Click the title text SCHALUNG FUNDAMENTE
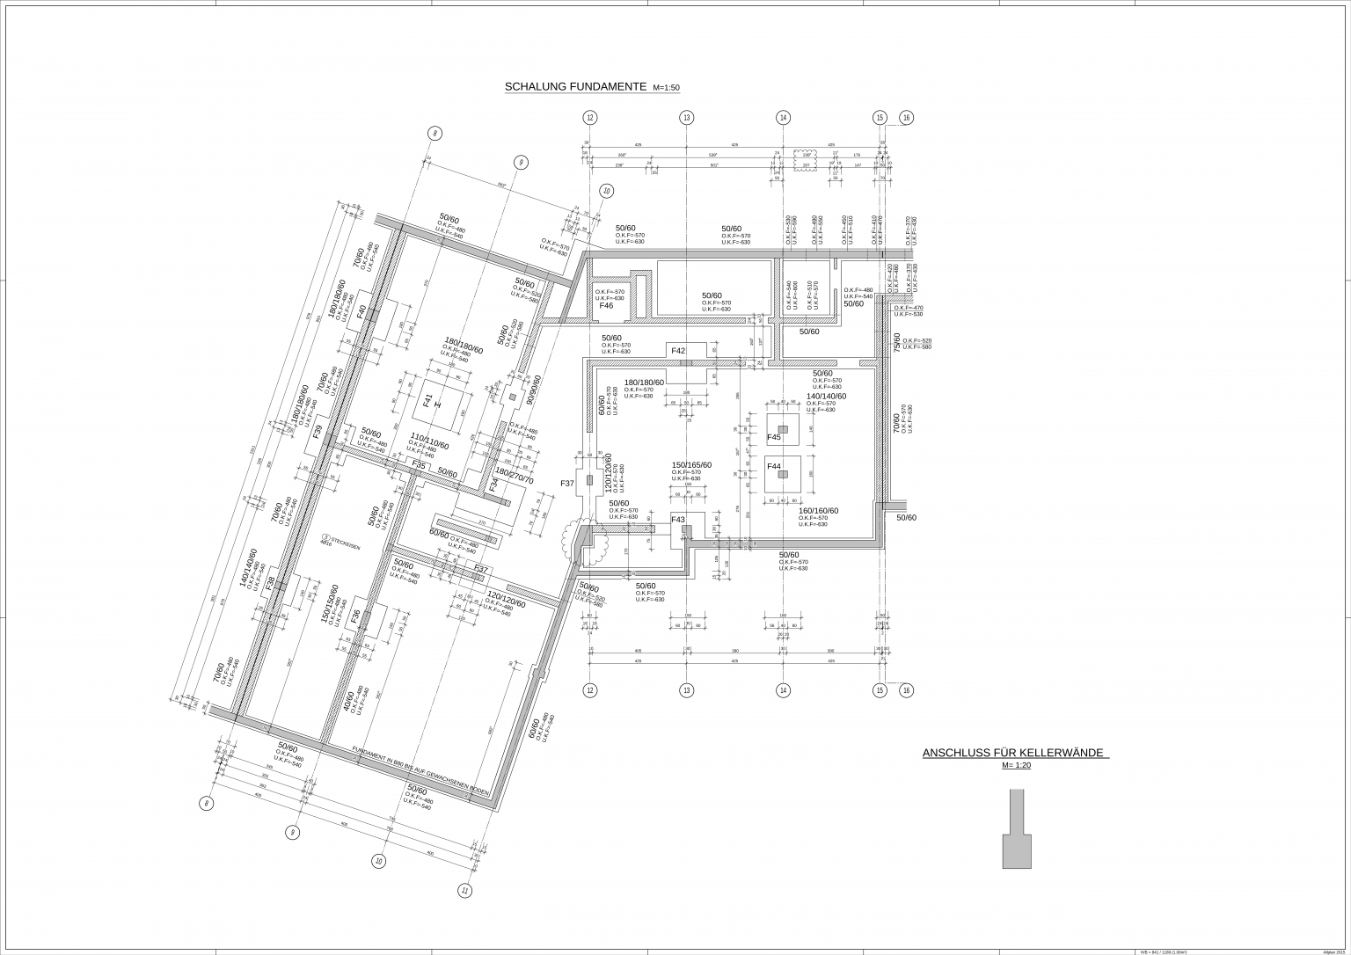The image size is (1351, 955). (x=575, y=87)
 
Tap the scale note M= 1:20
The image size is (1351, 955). (x=1016, y=765)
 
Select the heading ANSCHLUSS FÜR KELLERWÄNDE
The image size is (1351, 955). (x=1014, y=754)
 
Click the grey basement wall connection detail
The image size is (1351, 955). (x=1017, y=831)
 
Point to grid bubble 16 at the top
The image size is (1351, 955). (x=907, y=118)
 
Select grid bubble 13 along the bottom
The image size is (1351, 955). (x=686, y=690)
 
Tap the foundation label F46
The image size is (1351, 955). (x=606, y=305)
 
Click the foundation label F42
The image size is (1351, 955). (x=678, y=351)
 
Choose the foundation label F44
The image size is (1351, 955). (x=774, y=466)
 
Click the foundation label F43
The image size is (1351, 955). (x=678, y=520)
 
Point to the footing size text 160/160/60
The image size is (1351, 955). (x=818, y=511)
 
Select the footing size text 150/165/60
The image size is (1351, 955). (x=691, y=465)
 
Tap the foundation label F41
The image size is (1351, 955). (x=428, y=402)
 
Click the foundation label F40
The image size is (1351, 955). (x=361, y=310)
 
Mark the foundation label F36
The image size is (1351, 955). (x=355, y=617)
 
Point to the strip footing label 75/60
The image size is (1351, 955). (x=897, y=342)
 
